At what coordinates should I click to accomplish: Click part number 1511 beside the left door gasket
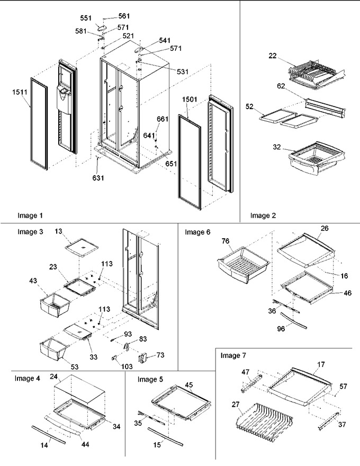click(20, 92)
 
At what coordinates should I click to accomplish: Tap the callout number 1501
click(190, 99)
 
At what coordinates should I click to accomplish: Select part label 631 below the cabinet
click(98, 178)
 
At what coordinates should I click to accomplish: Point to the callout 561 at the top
click(124, 16)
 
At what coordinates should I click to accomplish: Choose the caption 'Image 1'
click(30, 216)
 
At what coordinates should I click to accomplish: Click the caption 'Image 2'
click(263, 216)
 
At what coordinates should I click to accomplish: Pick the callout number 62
click(281, 86)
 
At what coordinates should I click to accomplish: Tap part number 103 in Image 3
click(127, 366)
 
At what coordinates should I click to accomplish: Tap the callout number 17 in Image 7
click(321, 364)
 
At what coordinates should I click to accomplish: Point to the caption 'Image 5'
click(150, 380)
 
